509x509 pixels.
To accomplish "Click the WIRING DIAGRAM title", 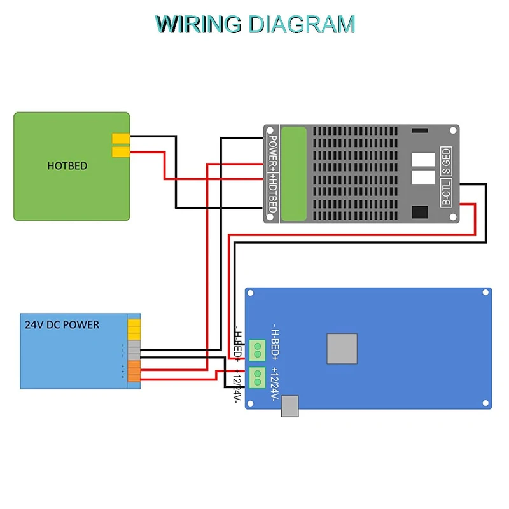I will click(x=255, y=24).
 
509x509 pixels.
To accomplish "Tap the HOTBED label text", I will click(x=67, y=166).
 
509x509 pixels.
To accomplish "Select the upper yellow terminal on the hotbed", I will click(x=120, y=139).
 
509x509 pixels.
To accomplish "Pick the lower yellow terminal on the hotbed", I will click(x=120, y=151).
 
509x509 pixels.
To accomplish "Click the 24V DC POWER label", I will click(x=62, y=324).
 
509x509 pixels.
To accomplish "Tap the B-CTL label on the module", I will click(x=446, y=193).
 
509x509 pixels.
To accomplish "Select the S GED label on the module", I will click(x=446, y=162).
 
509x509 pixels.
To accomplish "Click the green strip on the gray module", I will click(x=293, y=174).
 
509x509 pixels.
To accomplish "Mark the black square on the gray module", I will click(x=420, y=213).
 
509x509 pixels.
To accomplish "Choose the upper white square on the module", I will click(x=423, y=159).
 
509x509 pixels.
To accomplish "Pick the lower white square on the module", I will click(x=423, y=177).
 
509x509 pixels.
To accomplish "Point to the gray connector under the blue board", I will click(x=289, y=406).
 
